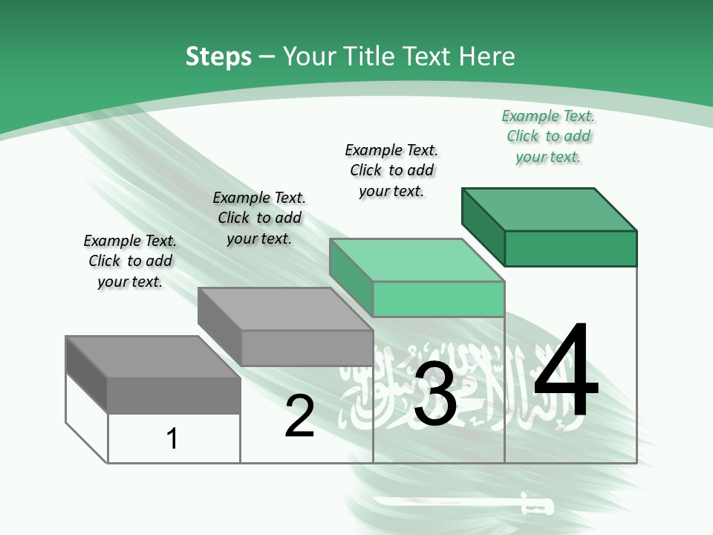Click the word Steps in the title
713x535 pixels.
click(218, 56)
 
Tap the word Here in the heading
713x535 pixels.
click(487, 56)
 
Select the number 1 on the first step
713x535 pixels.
click(172, 439)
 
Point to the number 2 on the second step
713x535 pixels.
click(299, 417)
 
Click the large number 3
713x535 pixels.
click(435, 394)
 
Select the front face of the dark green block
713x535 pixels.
click(570, 248)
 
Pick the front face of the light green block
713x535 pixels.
click(438, 299)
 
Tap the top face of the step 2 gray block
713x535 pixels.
click(285, 309)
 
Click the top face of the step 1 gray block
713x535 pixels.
click(153, 357)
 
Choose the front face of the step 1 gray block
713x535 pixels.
click(174, 395)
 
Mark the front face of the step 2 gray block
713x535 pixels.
click(307, 348)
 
